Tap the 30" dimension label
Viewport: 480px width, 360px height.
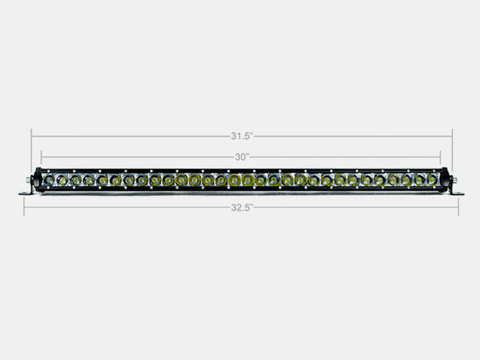coord(241,156)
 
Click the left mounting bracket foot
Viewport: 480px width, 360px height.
coord(25,193)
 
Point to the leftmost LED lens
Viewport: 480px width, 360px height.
coord(49,180)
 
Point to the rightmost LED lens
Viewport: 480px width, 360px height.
coord(433,180)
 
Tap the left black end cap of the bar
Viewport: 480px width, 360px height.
coord(35,180)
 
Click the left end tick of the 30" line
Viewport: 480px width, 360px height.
coord(41,156)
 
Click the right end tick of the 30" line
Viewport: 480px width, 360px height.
coord(440,156)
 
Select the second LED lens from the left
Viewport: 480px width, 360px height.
coord(62,180)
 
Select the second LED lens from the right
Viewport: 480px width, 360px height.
coord(420,180)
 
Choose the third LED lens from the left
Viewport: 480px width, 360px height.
coord(74,180)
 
